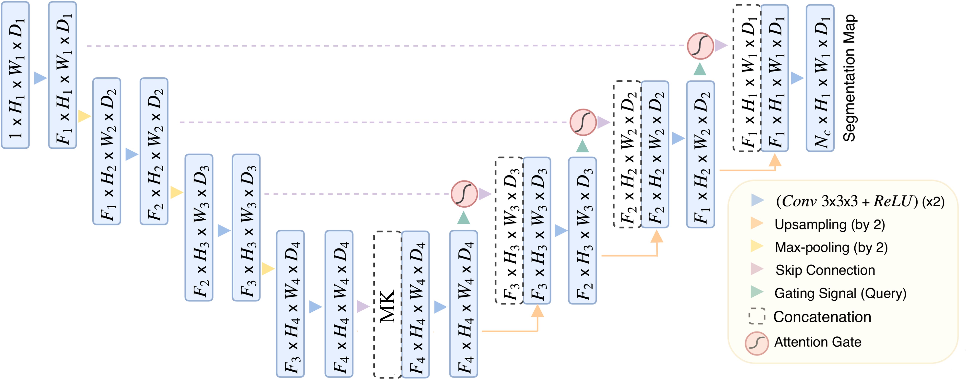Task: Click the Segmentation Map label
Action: [849, 78]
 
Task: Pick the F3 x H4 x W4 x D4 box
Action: [290, 304]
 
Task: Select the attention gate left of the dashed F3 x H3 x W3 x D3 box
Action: [464, 194]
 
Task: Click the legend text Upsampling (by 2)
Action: [830, 225]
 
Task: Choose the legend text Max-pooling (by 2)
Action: [831, 248]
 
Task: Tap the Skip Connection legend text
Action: [825, 270]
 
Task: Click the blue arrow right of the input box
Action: [40, 78]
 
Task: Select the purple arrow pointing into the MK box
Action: [363, 306]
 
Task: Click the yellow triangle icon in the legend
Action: [756, 246]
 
